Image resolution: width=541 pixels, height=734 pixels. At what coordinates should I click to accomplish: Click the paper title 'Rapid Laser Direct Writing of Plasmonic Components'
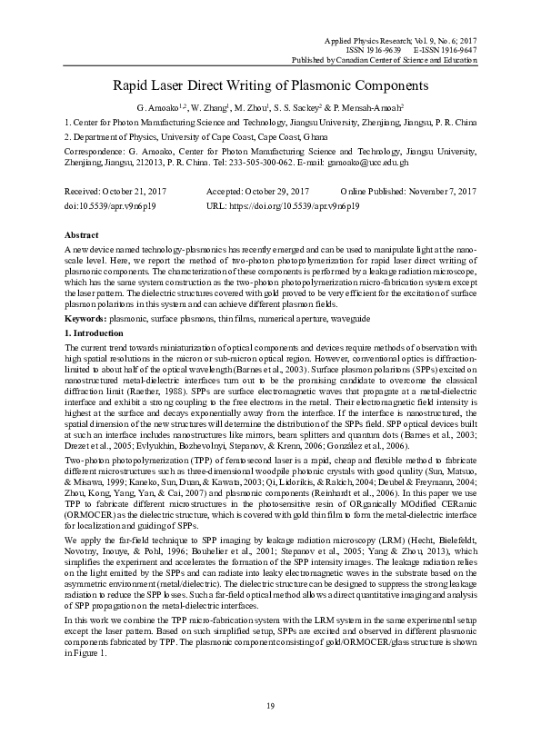[x=270, y=85]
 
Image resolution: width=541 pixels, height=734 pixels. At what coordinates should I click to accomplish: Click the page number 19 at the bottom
[x=270, y=707]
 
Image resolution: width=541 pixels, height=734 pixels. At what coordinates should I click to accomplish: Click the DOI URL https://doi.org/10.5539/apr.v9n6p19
[x=296, y=206]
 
